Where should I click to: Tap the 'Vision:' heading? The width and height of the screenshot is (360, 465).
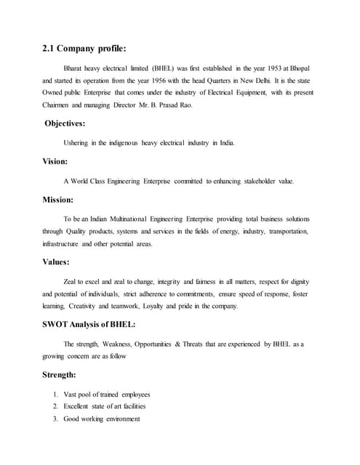pos(55,161)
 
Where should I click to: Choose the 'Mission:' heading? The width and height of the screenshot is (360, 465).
pos(58,198)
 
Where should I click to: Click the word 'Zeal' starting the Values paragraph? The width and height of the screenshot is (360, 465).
pos(71,280)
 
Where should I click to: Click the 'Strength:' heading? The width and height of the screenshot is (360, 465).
pos(60,375)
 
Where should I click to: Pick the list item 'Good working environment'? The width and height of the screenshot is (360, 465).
pos(104,419)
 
